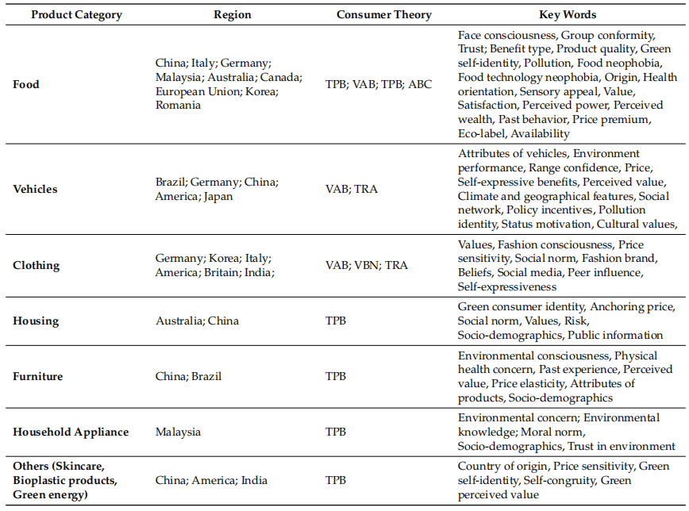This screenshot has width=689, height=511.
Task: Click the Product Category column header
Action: coord(76,15)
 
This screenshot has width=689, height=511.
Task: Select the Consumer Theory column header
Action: coord(384,15)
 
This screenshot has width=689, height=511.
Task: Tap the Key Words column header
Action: coord(568,15)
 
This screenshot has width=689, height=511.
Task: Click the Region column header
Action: coord(233,15)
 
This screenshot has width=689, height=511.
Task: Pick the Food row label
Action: coord(26,84)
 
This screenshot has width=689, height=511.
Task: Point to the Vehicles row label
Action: coord(35,189)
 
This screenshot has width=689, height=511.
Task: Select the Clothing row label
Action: coord(36,265)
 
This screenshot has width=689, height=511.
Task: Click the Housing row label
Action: coord(36,321)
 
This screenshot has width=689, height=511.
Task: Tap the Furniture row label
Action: coord(38,377)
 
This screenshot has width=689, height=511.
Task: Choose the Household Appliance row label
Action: coord(71,432)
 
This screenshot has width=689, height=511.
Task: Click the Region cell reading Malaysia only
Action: coord(178,432)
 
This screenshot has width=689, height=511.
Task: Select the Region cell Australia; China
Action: coord(198,321)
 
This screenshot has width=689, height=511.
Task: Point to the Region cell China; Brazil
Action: coord(188,377)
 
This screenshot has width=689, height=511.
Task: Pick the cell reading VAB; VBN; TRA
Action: coord(367,265)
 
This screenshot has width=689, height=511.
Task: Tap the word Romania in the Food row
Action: coord(178,106)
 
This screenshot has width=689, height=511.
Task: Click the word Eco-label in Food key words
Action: coord(481,133)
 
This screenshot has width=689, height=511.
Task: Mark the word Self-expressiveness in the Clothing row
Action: coord(507,287)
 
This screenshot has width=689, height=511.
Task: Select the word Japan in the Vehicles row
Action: coord(218,197)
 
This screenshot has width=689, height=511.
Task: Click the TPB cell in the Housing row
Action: coord(336,321)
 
